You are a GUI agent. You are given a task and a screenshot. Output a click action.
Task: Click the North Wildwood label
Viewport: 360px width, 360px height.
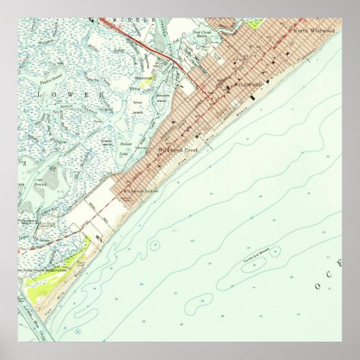(x=314, y=31)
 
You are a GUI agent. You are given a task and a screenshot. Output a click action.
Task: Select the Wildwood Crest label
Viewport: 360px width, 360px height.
(x=177, y=149)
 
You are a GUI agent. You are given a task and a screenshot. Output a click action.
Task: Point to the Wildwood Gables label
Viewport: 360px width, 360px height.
(x=141, y=191)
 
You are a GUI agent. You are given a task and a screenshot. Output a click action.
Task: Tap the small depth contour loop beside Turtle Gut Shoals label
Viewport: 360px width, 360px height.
(x=275, y=253)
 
